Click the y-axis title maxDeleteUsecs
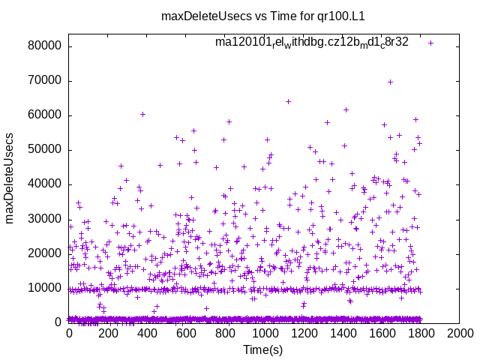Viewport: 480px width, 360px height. tap(10, 178)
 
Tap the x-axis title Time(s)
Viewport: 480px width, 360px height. tap(263, 349)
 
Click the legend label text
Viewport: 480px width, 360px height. tap(311, 42)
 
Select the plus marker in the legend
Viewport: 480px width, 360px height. tap(430, 43)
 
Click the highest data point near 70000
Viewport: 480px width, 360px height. tap(390, 82)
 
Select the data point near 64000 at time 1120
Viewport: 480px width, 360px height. tap(288, 101)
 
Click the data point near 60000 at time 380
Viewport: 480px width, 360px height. tap(142, 114)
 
